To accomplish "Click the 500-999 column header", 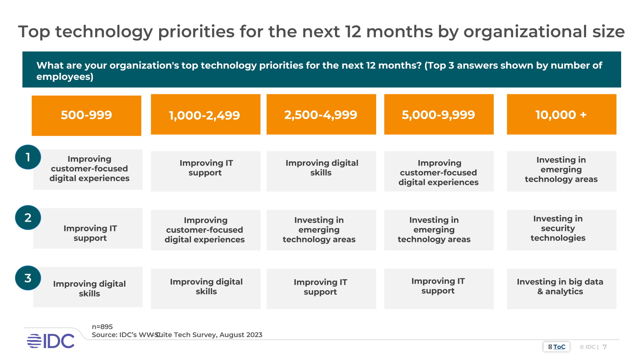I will click(86, 115).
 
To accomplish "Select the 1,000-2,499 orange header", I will click(205, 115).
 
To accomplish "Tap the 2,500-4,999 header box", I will click(321, 115).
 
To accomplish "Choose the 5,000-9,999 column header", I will click(439, 115).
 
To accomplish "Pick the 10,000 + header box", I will click(561, 115).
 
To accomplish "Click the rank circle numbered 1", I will click(28, 157).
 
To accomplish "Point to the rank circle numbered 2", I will click(28, 218).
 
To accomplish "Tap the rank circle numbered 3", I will click(28, 278).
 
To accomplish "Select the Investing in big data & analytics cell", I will click(561, 289).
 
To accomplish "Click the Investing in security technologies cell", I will click(561, 230).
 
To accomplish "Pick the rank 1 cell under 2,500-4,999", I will click(321, 171).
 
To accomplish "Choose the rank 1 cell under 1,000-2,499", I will click(205, 171).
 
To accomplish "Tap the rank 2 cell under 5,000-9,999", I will click(439, 230).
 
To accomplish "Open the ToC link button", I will click(557, 347).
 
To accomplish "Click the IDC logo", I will click(51, 341).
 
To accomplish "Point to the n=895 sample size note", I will click(102, 327).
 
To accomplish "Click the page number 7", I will click(605, 347).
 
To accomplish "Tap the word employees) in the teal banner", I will click(65, 77).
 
